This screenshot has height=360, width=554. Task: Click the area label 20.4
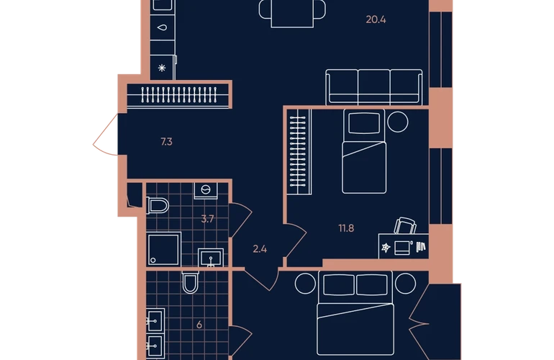point(376,19)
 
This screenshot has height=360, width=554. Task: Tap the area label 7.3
point(166,142)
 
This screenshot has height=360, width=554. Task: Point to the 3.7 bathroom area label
point(207,219)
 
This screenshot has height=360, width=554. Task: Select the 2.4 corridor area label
point(260,249)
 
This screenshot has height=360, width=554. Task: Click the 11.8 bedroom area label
point(346,228)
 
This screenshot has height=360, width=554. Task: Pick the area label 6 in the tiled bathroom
point(199,325)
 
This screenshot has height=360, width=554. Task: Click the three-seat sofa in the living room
point(374,87)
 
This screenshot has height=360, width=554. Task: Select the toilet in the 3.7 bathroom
point(158,205)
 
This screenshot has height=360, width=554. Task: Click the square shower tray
point(163,249)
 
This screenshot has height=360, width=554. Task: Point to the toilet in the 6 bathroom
point(190,282)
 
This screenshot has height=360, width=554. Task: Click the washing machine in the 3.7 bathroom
point(206,191)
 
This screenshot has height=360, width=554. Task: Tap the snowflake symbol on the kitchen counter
point(162,68)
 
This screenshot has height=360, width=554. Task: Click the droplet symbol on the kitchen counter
point(162,27)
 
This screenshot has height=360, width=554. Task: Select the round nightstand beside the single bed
point(397,122)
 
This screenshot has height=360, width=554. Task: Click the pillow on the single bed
point(364,123)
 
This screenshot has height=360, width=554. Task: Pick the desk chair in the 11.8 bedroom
point(405,225)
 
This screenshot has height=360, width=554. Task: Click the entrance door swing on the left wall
point(105,135)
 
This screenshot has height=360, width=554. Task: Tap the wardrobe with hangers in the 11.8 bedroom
point(299,152)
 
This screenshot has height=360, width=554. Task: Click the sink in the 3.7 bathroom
point(211,258)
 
